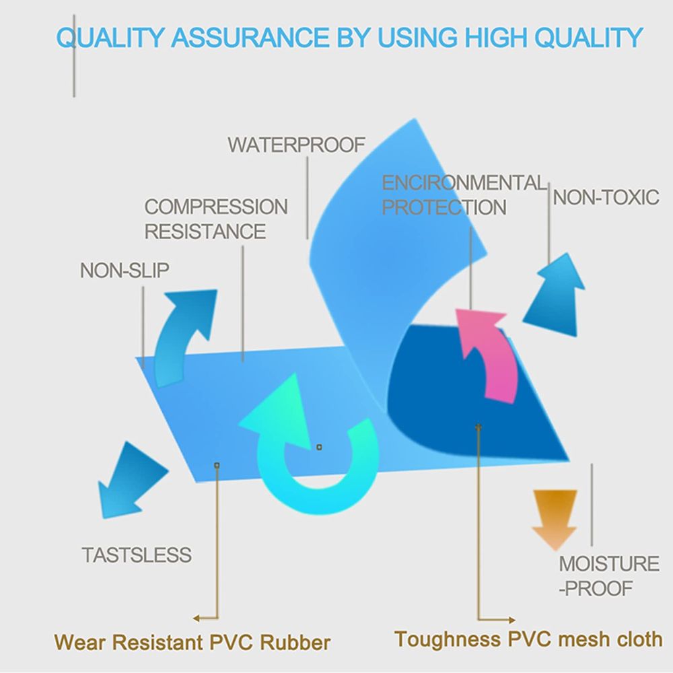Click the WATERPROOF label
296,145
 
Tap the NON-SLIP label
125,271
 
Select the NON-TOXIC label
606,197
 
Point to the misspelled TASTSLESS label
137,555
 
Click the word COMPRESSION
216,207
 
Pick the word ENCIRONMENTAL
464,182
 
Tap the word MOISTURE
609,563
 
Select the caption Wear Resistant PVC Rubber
192,641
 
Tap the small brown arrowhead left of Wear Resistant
196,618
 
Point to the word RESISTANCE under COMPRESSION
205,232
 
